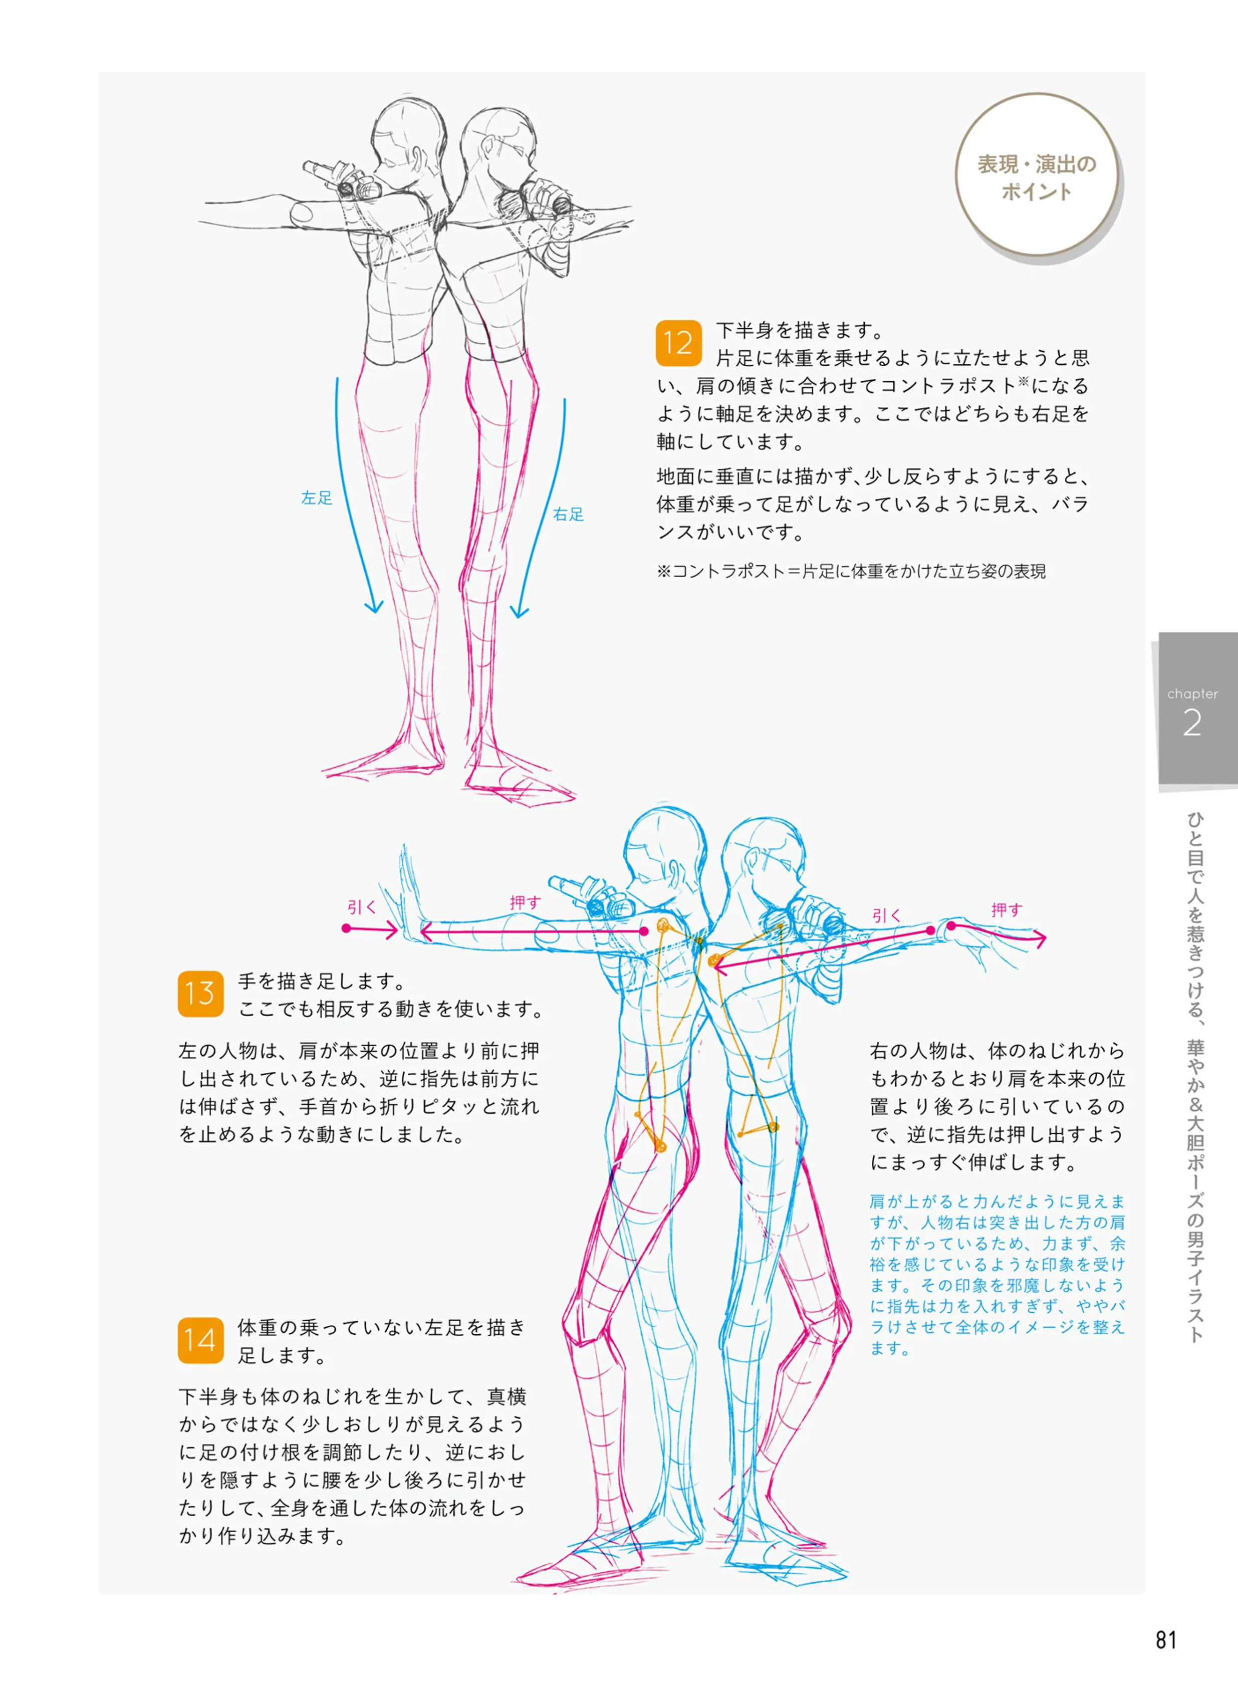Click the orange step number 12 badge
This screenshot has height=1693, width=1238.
coord(678,343)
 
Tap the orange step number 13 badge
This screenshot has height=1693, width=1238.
coord(200,993)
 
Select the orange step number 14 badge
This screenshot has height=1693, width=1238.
coord(200,1340)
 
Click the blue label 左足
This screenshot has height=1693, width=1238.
coord(316,498)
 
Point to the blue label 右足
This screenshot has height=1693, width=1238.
coord(568,514)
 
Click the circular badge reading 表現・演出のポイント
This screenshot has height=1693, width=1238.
coord(1037,177)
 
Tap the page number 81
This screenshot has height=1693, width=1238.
coord(1166,1640)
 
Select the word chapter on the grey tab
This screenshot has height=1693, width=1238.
coord(1192,694)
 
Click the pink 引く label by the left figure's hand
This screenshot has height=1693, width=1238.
coord(361,907)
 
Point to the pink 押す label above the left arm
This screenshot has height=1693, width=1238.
coord(525,902)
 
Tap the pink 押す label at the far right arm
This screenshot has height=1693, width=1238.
coord(1007,910)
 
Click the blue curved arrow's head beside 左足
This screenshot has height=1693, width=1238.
coord(373,607)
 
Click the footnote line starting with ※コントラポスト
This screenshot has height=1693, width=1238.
coord(851,571)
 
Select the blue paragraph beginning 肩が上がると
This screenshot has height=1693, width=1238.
coord(997,1274)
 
